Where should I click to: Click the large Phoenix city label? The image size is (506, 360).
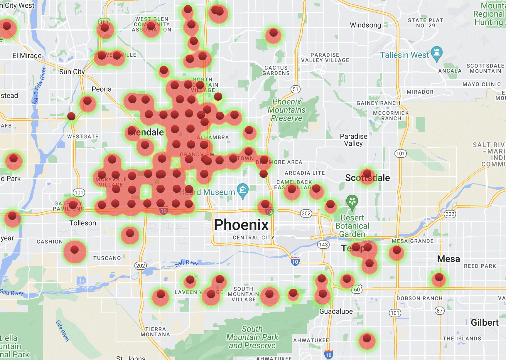pyautogui.click(x=241, y=225)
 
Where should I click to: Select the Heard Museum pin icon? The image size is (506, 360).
pyautogui.click(x=243, y=190)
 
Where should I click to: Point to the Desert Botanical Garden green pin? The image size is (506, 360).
pyautogui.click(x=352, y=202)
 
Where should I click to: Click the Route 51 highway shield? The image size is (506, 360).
pyautogui.click(x=296, y=89)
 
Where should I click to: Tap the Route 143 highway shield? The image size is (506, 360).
pyautogui.click(x=323, y=245)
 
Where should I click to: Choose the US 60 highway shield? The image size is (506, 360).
pyautogui.click(x=357, y=290)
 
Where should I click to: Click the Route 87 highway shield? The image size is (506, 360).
pyautogui.click(x=439, y=311)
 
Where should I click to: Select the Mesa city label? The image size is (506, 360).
pyautogui.click(x=448, y=259)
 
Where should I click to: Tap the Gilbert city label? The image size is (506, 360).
pyautogui.click(x=485, y=323)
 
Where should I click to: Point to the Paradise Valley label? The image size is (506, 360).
pyautogui.click(x=353, y=140)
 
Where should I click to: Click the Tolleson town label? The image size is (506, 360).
pyautogui.click(x=83, y=223)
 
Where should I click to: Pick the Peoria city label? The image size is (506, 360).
pyautogui.click(x=102, y=89)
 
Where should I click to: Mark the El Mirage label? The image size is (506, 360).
pyautogui.click(x=27, y=56)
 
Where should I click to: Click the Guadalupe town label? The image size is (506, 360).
pyautogui.click(x=336, y=312)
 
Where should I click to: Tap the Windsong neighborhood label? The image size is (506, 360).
pyautogui.click(x=365, y=25)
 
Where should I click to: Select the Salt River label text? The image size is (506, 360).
pyautogui.click(x=186, y=263)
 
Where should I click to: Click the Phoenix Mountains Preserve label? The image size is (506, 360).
pyautogui.click(x=287, y=110)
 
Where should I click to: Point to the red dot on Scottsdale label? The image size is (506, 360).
pyautogui.click(x=367, y=174)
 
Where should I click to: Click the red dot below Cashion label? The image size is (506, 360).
pyautogui.click(x=75, y=250)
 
